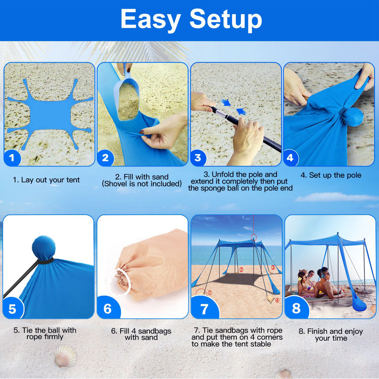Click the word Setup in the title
226,20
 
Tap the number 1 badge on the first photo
12,158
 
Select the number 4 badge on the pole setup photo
290,158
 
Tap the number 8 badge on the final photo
296,308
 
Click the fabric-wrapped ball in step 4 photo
353,117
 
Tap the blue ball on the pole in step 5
44,248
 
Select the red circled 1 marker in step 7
209,293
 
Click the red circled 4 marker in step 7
277,301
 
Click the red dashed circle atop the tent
254,237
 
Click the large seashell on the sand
65,356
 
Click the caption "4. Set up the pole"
331,175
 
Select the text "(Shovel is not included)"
142,184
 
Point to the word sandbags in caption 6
155,331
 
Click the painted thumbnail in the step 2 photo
141,132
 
